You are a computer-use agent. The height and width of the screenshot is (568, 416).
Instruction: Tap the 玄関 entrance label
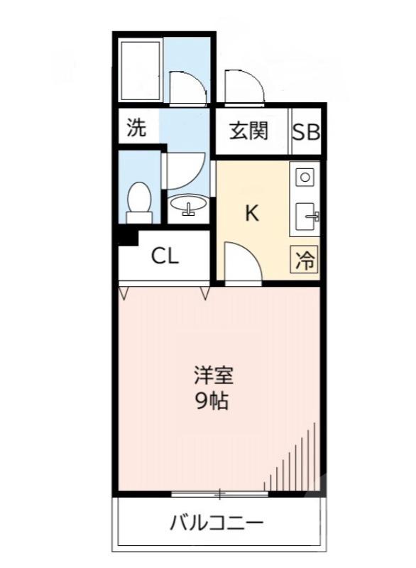tap(248, 131)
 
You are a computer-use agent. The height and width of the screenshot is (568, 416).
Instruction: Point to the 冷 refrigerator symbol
tap(305, 261)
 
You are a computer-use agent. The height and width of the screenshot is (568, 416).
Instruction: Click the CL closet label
tap(165, 256)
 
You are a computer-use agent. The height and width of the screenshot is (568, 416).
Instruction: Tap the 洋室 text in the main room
tap(213, 376)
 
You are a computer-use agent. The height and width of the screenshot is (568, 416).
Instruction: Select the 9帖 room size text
tap(212, 402)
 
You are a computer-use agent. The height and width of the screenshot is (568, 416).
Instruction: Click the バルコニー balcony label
tap(217, 525)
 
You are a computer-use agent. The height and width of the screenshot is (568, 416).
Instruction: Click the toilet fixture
tap(139, 200)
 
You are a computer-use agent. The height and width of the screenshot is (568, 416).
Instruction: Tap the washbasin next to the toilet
tap(189, 207)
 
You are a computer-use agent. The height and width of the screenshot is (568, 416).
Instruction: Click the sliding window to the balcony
tap(219, 493)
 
